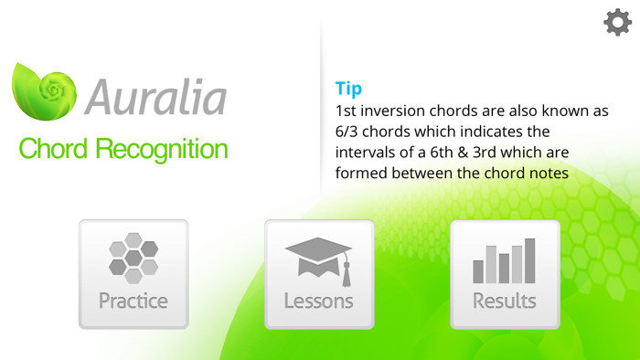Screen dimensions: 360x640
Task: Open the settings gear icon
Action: pyautogui.click(x=617, y=23)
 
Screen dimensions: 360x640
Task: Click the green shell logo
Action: pyautogui.click(x=47, y=95)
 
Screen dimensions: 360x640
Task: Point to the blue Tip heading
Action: pyautogui.click(x=348, y=89)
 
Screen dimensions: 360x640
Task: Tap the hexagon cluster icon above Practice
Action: pyautogui.click(x=133, y=256)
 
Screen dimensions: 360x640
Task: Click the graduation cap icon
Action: pyautogui.click(x=317, y=257)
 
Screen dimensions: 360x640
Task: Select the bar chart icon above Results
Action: pyautogui.click(x=504, y=260)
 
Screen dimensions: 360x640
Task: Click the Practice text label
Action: pyautogui.click(x=133, y=301)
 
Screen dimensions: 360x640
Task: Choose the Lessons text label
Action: pyautogui.click(x=318, y=301)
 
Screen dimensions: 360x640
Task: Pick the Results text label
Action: pyautogui.click(x=504, y=301)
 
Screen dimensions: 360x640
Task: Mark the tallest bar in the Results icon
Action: pyautogui.click(x=529, y=260)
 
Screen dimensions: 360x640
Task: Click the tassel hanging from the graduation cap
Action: pyautogui.click(x=347, y=270)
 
